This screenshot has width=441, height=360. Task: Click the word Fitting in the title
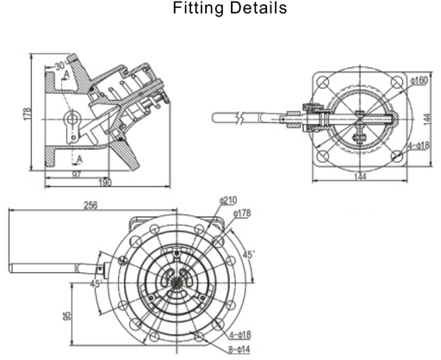195,9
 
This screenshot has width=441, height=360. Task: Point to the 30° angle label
62,65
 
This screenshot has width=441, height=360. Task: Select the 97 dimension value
77,175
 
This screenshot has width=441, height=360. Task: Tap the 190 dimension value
105,183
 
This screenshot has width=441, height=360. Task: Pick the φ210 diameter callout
228,200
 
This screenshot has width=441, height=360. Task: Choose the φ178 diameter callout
242,212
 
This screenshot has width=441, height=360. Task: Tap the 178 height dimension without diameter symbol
27,113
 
